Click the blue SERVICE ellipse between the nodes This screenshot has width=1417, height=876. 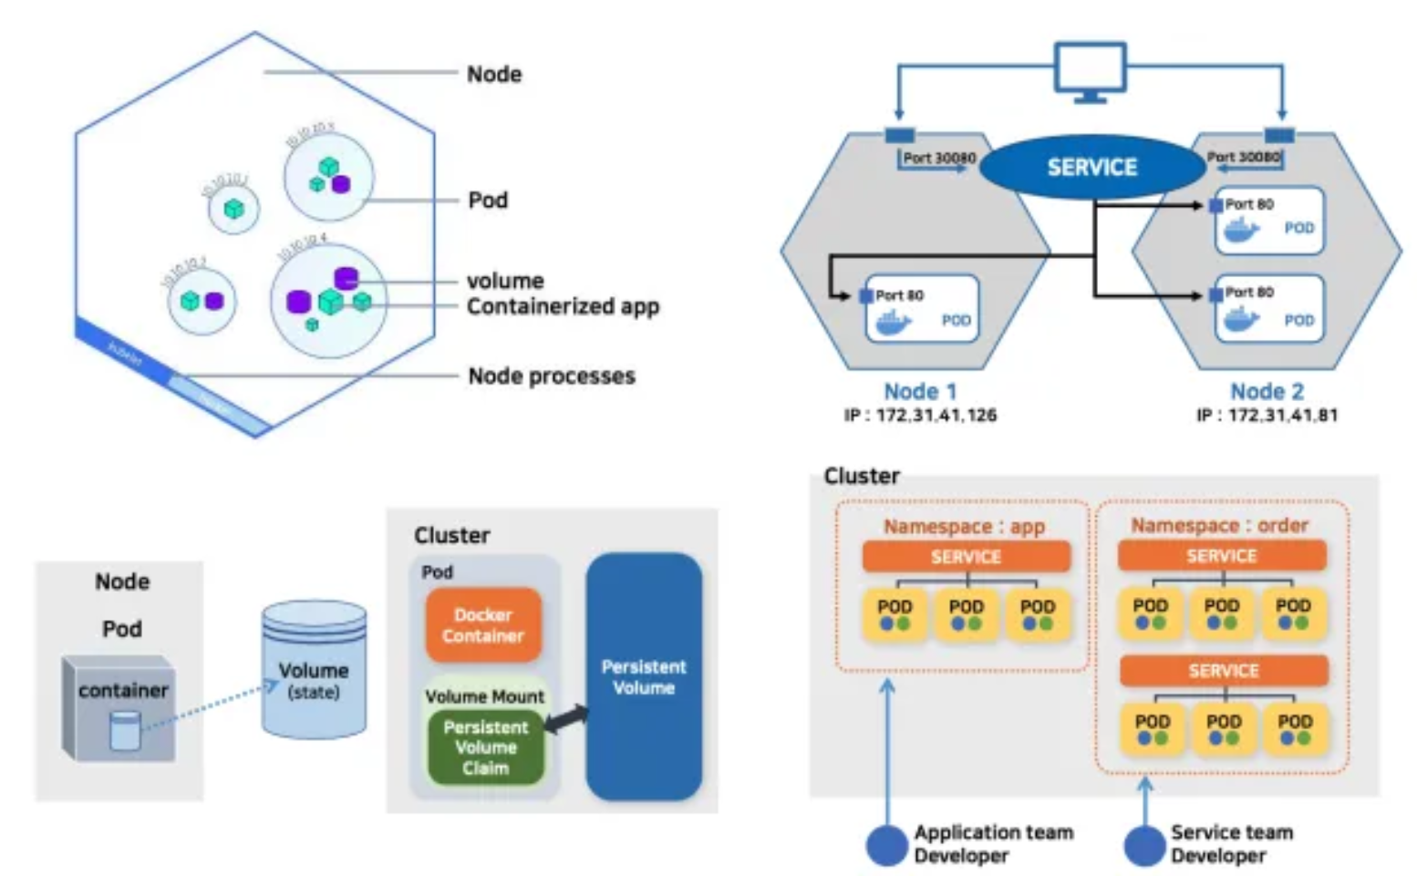[1091, 167]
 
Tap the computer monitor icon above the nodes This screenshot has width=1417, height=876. [1091, 71]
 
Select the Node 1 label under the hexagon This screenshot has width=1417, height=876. [920, 391]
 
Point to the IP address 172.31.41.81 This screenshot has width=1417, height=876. [1267, 416]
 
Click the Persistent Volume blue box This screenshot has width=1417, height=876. [644, 676]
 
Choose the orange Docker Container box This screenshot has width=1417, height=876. [483, 625]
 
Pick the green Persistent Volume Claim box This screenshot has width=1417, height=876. [485, 747]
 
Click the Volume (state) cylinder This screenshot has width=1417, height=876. [314, 670]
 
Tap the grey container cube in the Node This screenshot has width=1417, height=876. [119, 707]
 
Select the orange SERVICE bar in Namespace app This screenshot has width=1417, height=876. [966, 557]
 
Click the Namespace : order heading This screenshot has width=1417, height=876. [1219, 526]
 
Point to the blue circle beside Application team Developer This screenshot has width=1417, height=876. [886, 845]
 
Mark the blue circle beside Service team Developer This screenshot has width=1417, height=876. [1144, 845]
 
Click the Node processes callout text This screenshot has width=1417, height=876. [551, 376]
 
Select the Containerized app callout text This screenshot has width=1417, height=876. [563, 306]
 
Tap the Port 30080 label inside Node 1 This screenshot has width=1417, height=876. [938, 158]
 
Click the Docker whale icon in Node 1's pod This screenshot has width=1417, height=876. [893, 322]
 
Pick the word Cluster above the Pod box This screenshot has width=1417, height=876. [451, 535]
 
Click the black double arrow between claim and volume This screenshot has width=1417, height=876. [566, 718]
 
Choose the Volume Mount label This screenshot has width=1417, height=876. [484, 696]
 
